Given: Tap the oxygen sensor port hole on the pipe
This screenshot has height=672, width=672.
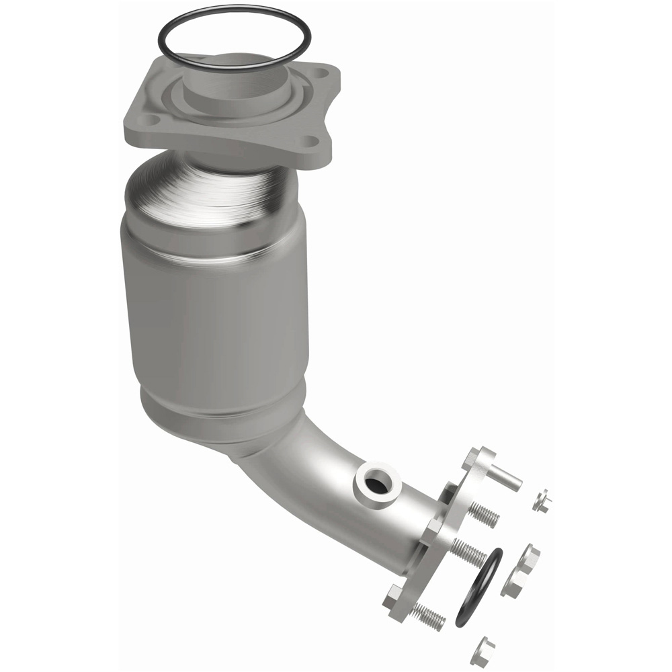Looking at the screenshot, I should click(x=380, y=485).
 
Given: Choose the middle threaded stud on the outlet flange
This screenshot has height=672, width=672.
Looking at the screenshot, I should click(x=468, y=552).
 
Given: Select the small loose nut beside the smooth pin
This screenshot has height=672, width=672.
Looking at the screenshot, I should click(x=542, y=501).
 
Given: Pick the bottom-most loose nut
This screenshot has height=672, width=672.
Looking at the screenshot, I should click(x=482, y=650).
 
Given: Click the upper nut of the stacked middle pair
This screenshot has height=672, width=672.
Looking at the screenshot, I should click(x=529, y=556).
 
